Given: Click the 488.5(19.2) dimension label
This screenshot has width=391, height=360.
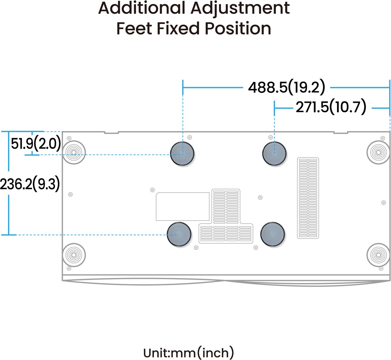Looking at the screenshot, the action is [x=286, y=87].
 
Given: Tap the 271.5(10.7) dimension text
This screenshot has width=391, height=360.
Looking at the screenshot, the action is [x=331, y=107].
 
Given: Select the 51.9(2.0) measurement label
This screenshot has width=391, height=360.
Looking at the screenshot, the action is [x=36, y=144].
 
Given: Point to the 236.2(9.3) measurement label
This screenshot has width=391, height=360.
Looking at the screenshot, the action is [x=30, y=184].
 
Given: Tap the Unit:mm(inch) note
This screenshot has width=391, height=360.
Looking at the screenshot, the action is [x=189, y=352].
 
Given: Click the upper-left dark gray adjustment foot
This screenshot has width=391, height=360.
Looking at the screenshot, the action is [x=182, y=153].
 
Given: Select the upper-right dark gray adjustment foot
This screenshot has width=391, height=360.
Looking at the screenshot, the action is [x=274, y=153].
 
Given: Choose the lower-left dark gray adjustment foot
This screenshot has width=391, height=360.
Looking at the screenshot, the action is [x=179, y=234].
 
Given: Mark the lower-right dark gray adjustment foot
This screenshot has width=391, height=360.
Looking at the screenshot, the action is [x=272, y=234].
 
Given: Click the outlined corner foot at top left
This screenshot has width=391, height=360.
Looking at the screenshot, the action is [x=74, y=152].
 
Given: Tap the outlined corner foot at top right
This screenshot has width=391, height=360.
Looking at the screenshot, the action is [x=378, y=152].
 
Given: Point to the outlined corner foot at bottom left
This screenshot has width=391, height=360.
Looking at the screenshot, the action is [x=74, y=255].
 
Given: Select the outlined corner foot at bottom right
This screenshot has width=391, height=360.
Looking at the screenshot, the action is [x=378, y=255].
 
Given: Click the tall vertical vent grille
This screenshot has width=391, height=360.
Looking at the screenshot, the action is [x=308, y=198].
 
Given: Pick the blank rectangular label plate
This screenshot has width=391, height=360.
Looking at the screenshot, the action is [x=182, y=207].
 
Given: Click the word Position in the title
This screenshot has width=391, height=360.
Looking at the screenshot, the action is [x=238, y=28].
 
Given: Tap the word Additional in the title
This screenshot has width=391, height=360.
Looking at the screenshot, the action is [x=142, y=8].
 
